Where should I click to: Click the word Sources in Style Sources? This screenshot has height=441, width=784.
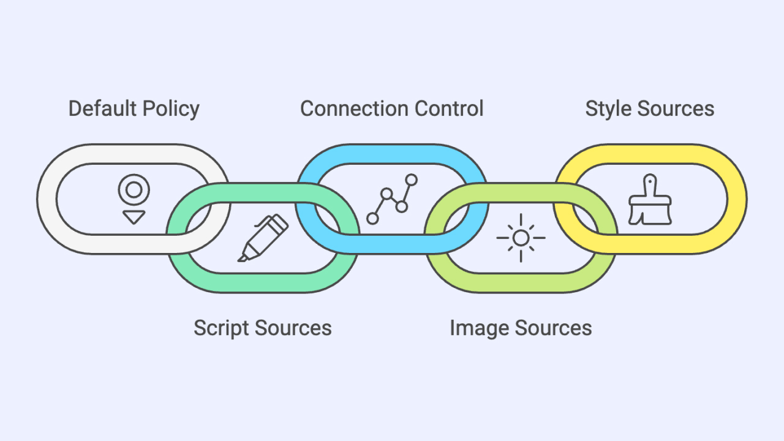tap(676, 108)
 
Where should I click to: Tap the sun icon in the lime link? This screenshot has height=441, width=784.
tap(521, 238)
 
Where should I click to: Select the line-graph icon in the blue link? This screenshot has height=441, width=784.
tap(392, 199)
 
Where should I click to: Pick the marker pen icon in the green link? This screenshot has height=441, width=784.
tap(263, 238)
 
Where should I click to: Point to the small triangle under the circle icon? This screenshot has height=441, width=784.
tap(134, 217)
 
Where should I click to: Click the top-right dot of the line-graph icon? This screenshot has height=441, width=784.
tap(412, 179)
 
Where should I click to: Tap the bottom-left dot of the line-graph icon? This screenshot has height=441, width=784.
tap(372, 218)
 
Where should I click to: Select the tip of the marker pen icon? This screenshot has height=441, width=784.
tap(242, 258)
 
